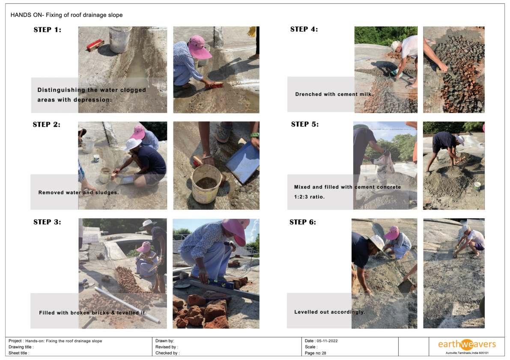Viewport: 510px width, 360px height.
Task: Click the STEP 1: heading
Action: (x=47, y=30)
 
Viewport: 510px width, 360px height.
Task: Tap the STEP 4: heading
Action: (x=304, y=29)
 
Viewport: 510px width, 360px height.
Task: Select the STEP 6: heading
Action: (x=302, y=222)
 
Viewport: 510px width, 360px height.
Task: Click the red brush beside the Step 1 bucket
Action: (x=95, y=45)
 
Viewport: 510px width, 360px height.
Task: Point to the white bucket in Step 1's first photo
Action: (x=120, y=40)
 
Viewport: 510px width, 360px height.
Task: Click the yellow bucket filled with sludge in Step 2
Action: (x=206, y=184)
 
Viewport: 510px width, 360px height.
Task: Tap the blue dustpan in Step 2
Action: (x=243, y=162)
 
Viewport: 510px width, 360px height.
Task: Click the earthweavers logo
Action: (x=467, y=345)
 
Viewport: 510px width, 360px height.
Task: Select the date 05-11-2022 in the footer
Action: (x=327, y=341)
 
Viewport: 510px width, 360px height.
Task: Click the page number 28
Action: (x=324, y=353)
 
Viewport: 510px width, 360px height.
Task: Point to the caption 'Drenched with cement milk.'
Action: (x=334, y=94)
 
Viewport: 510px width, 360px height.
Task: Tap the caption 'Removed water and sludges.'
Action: (x=78, y=193)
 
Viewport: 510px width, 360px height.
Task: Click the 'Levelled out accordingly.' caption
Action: (x=329, y=312)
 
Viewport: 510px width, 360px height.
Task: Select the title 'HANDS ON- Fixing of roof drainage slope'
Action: (x=66, y=15)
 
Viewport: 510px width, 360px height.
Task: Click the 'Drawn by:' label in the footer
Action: (x=164, y=341)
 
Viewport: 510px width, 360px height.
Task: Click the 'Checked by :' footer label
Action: (x=167, y=353)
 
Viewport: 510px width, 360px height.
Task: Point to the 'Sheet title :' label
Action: (x=19, y=353)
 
